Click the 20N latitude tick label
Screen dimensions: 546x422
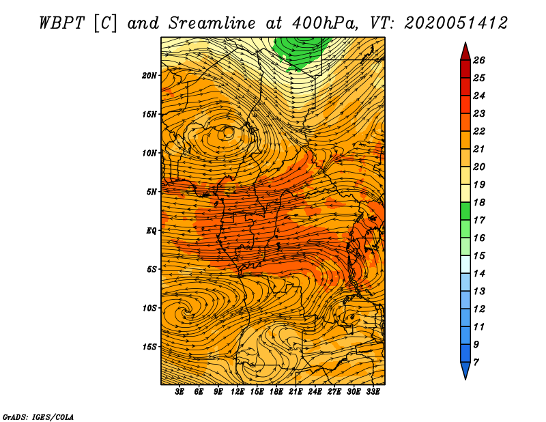point(149,76)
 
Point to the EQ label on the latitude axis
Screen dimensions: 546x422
point(152,231)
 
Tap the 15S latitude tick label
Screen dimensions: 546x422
point(149,347)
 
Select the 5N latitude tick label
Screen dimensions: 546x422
point(152,192)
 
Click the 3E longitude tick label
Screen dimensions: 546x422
point(179,392)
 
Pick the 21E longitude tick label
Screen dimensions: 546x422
point(296,392)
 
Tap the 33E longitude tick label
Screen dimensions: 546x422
point(373,392)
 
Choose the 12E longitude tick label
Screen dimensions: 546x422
point(238,392)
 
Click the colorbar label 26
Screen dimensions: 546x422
point(479,60)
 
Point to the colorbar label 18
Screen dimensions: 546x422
point(479,202)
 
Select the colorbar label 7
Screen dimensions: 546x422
point(476,363)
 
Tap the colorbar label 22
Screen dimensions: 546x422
point(479,131)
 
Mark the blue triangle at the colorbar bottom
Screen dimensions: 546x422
point(465,369)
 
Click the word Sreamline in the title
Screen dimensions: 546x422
point(212,23)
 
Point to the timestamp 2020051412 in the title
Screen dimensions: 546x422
point(456,23)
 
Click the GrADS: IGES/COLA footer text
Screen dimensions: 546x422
point(38,417)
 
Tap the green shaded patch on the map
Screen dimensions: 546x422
point(299,53)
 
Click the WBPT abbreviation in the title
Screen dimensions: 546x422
point(61,23)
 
